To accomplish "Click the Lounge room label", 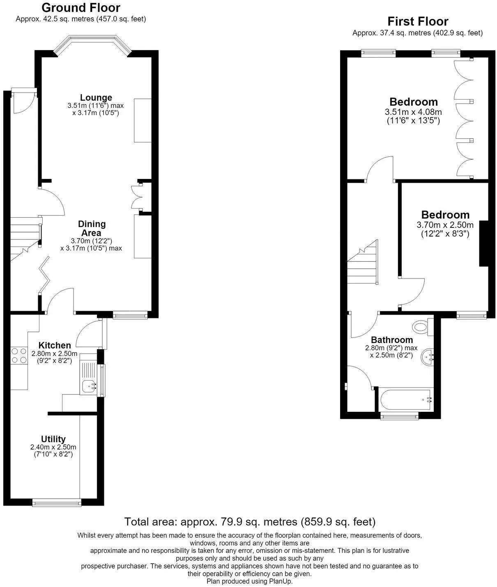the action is [96, 97].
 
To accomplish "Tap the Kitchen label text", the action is [55, 345].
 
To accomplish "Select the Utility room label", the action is [53, 439].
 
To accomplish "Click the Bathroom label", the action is [392, 340].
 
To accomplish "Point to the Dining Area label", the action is [92, 228].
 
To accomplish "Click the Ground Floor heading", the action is [81, 8].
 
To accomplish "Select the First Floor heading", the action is [418, 21].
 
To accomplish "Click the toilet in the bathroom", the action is [423, 327].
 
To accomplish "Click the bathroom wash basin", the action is [428, 357].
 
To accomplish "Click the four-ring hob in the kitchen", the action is [19, 355].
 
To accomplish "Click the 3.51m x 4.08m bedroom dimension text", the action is [413, 112].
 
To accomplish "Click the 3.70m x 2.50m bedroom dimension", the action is [445, 225].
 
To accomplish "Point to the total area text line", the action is [250, 522].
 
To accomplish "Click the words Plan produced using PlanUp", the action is [249, 581].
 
